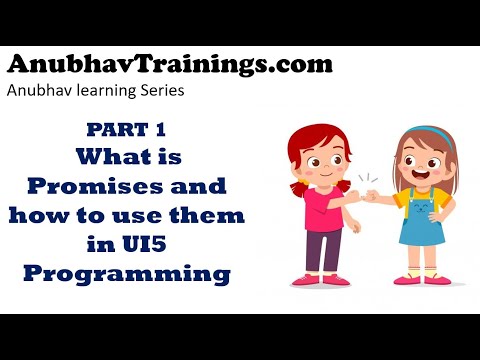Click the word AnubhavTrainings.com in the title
[x=170, y=65]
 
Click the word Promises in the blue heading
[x=83, y=185]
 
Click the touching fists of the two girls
[x=372, y=195]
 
